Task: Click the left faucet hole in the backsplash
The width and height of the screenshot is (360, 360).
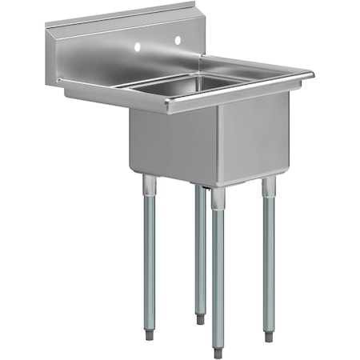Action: pyautogui.click(x=138, y=47)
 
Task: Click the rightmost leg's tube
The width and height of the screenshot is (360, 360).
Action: pyautogui.click(x=269, y=256)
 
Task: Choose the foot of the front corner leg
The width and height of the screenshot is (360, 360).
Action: pyautogui.click(x=218, y=350)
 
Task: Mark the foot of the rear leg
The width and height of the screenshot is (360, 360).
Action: pyautogui.click(x=200, y=319)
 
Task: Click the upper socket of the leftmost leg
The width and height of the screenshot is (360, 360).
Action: pyautogui.click(x=149, y=186)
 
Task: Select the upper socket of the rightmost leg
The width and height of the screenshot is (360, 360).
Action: pyautogui.click(x=269, y=188)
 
